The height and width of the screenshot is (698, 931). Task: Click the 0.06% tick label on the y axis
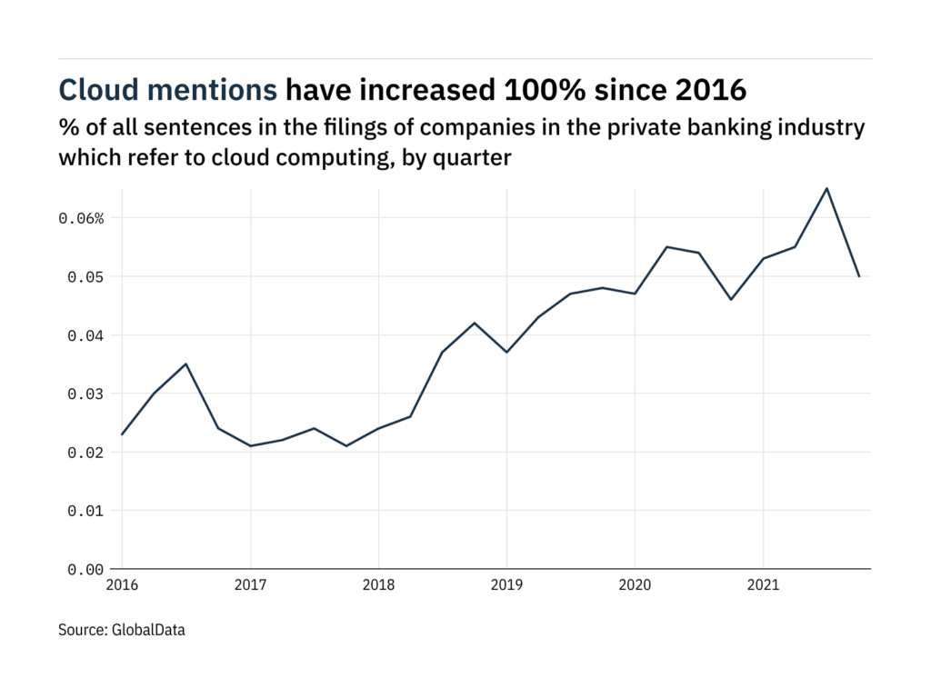[x=83, y=218]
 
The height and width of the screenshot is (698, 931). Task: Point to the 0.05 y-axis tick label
[x=86, y=276]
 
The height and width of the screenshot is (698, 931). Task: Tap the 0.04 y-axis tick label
[x=86, y=335]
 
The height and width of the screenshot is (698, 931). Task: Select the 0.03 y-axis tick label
[x=86, y=394]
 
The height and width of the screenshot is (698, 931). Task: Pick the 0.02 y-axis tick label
[x=86, y=453]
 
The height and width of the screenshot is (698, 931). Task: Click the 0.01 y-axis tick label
[x=86, y=511]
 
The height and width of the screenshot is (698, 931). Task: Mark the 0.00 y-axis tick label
[x=86, y=569]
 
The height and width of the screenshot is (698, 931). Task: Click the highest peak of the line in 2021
[x=826, y=188]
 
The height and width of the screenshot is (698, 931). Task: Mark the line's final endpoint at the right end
[x=859, y=276]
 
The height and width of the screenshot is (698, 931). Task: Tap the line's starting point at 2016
[x=123, y=434]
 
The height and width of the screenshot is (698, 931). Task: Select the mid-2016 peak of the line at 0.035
[x=186, y=364]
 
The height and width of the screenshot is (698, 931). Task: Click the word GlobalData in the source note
[x=148, y=629]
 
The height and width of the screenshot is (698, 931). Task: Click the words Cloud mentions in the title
[x=168, y=89]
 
